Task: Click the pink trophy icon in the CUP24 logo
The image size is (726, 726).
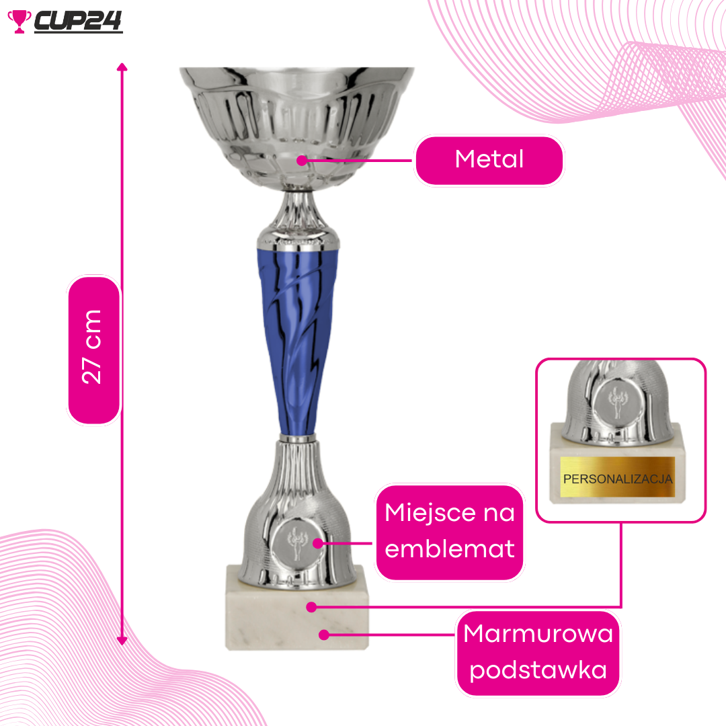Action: (x=19, y=22)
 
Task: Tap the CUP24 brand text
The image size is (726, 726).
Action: (x=78, y=21)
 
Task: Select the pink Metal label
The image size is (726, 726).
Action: (x=489, y=160)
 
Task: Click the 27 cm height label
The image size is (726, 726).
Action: (x=93, y=350)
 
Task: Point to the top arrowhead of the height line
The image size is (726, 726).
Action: (x=122, y=67)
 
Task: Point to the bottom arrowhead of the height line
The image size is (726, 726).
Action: (x=122, y=641)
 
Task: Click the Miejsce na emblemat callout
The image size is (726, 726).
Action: (x=450, y=532)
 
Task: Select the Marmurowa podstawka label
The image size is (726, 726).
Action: (x=538, y=652)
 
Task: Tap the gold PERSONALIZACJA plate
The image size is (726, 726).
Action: (x=617, y=477)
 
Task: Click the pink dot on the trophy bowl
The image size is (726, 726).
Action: (x=302, y=161)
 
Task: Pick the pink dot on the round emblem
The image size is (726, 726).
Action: (x=318, y=543)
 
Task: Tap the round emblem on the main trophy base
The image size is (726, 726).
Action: (x=296, y=544)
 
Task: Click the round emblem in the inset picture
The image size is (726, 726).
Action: (x=616, y=401)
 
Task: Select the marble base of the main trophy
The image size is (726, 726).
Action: (x=297, y=607)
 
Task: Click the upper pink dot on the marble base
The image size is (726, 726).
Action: (x=312, y=607)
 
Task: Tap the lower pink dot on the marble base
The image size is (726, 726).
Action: (x=324, y=635)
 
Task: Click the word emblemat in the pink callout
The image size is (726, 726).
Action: (x=450, y=549)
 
